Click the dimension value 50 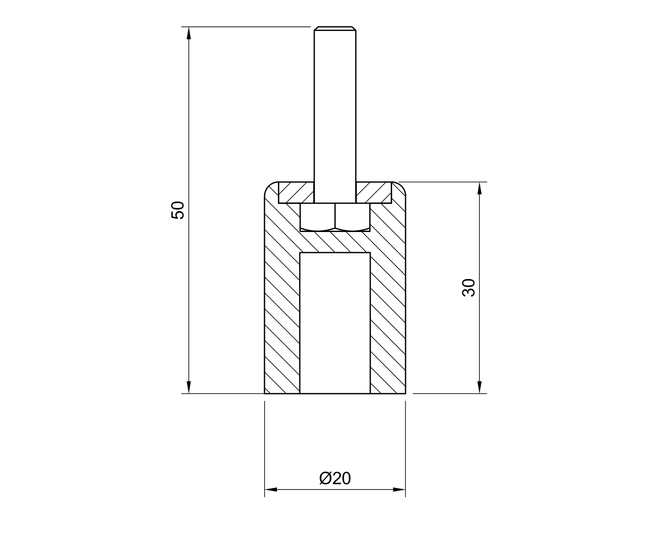(x=178, y=211)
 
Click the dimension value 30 (x=469, y=288)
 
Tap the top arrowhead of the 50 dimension (x=189, y=33)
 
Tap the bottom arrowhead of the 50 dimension (x=189, y=387)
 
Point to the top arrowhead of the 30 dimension (x=479, y=188)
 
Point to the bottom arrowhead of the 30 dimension (x=479, y=387)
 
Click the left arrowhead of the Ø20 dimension (x=271, y=490)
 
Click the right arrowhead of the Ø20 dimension (x=399, y=490)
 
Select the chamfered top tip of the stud (x=335, y=28)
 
